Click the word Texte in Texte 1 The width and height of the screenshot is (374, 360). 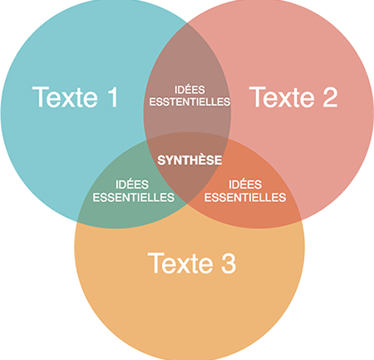coord(65,96)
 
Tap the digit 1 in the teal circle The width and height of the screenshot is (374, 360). coord(113,96)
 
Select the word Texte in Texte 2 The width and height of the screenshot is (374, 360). coord(282,96)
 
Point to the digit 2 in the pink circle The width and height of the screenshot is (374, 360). coord(330,96)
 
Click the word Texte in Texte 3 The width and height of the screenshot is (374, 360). coord(180,263)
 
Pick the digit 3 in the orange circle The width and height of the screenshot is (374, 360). coord(229,264)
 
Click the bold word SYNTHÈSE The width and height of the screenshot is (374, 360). coord(189,160)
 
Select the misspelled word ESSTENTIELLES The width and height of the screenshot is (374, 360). coord(189,102)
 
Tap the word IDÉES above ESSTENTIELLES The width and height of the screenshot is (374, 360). coord(189,90)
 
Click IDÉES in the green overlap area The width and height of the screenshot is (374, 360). coord(132,185)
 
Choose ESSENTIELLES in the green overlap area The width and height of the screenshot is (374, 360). coord(134,197)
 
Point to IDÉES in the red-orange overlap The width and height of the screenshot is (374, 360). coord(245,185)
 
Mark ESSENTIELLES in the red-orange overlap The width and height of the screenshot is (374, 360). coord(245,197)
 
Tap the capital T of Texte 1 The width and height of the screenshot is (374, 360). coord(41,96)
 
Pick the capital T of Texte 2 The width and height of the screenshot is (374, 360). coord(258,96)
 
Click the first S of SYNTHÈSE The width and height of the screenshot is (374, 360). coord(161,160)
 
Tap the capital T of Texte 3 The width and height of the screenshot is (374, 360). coord(156,263)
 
